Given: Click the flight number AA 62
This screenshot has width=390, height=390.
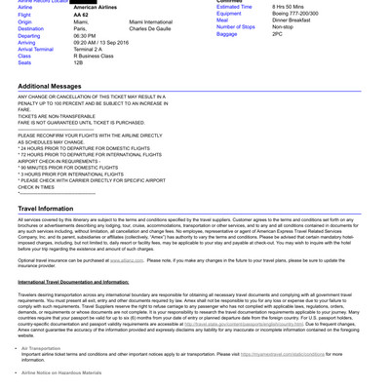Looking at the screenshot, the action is pos(82,15).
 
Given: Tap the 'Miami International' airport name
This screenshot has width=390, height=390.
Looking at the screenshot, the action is pos(150,22).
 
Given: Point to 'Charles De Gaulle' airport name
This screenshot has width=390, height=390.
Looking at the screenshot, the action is pos(150,30).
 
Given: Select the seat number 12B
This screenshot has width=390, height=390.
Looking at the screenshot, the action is pos(79,62).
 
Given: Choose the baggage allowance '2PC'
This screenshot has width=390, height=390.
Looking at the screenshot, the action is pos(278,34).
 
